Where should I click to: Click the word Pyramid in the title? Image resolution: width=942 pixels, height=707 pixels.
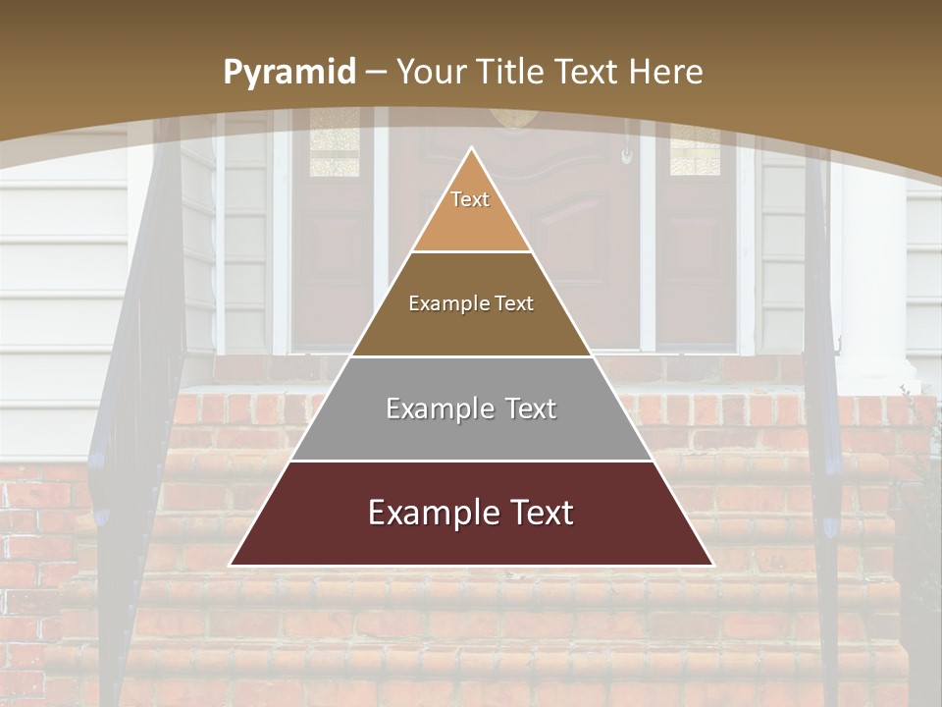(289, 72)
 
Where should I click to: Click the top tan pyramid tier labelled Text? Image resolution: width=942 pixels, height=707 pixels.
(471, 211)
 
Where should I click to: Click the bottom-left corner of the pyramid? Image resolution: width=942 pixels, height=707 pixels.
(232, 565)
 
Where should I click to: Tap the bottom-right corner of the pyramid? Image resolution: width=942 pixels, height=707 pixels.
(711, 565)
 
